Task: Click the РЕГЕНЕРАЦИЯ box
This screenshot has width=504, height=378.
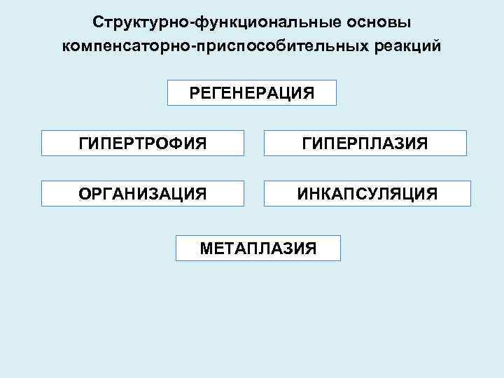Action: (252, 92)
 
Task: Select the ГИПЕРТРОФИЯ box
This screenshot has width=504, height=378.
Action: (143, 143)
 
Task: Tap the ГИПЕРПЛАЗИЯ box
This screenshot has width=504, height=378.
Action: (365, 143)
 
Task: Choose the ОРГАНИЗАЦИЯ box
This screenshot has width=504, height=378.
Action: (143, 193)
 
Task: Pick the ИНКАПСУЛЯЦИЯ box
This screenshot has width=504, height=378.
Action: (367, 193)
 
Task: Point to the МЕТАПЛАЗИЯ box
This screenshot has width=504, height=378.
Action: (258, 248)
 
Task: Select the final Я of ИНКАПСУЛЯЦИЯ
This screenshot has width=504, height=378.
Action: (432, 193)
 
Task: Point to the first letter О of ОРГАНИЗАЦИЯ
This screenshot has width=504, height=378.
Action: (85, 193)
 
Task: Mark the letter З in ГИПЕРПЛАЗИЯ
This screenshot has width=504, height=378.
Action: (396, 143)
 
